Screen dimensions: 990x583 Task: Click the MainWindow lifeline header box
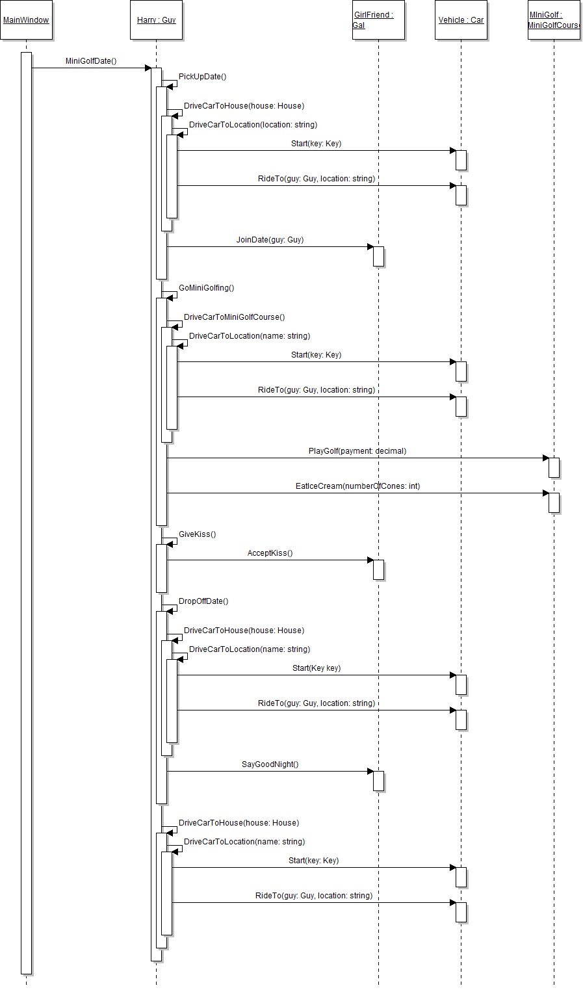(x=26, y=20)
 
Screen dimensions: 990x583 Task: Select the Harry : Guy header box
(x=156, y=20)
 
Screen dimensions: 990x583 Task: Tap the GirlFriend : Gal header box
(x=378, y=20)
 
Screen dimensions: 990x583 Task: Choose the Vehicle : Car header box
(x=461, y=20)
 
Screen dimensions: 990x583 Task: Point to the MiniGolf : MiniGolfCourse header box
(x=554, y=20)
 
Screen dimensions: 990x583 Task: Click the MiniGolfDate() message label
(x=91, y=62)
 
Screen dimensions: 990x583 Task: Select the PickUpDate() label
(x=203, y=77)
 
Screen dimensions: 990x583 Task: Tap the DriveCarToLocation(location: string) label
(x=253, y=125)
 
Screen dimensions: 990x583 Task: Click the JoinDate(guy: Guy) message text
(x=270, y=240)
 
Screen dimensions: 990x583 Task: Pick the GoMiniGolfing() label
(x=207, y=288)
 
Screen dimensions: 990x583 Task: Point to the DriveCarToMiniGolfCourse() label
(x=235, y=317)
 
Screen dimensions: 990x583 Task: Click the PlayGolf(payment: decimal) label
(x=357, y=451)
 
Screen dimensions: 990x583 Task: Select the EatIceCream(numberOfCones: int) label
(x=357, y=486)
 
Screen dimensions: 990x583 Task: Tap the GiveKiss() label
(x=198, y=534)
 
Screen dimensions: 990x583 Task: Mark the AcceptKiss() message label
(x=270, y=553)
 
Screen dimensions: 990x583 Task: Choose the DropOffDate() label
(x=204, y=601)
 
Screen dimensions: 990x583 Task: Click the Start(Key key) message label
(x=317, y=668)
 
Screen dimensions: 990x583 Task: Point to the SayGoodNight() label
(x=270, y=764)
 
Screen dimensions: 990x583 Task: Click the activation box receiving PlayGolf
(x=554, y=467)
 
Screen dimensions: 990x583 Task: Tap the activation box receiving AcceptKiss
(x=378, y=569)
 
